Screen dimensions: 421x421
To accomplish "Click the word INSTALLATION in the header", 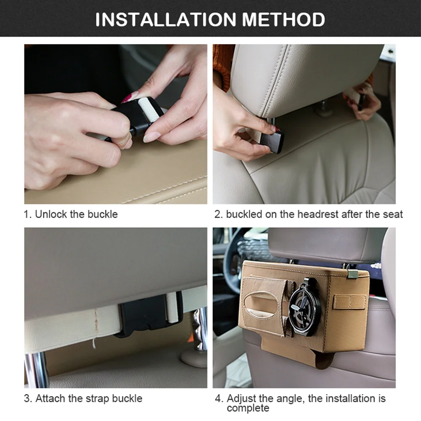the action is (165, 19).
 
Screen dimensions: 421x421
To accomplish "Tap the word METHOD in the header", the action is (283, 19).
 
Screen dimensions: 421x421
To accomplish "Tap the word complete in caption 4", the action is (248, 408).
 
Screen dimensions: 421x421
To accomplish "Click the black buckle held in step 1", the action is (136, 116).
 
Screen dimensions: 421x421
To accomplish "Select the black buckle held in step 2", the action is (272, 141).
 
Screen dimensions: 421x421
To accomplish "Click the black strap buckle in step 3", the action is (150, 314).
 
